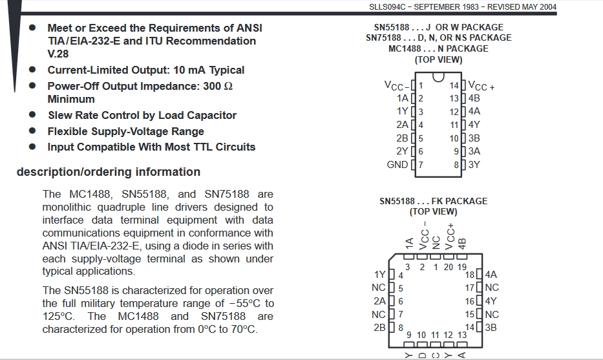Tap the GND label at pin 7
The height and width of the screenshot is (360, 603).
tap(397, 165)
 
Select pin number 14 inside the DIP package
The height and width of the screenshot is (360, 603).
tap(454, 85)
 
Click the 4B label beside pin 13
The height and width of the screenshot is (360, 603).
tap(474, 98)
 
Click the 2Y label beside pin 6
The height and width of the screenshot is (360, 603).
tap(402, 151)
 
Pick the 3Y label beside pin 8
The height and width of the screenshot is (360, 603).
tap(474, 165)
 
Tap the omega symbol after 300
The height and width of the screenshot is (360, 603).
tap(228, 86)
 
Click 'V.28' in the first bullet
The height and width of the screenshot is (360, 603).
tap(58, 54)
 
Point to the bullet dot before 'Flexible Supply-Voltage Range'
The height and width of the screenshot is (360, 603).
tap(32, 131)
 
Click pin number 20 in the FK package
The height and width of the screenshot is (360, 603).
tap(449, 267)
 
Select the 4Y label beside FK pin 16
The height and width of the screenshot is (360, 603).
tap(491, 301)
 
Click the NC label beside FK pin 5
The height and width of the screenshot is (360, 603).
tap(379, 288)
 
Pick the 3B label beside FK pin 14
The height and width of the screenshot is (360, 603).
tap(491, 327)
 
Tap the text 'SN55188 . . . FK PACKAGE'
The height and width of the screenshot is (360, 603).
tap(434, 201)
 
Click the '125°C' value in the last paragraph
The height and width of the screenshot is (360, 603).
tap(58, 316)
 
